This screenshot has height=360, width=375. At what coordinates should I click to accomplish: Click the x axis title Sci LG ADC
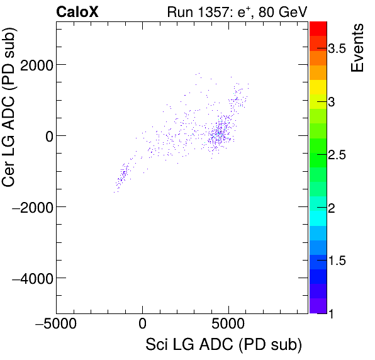click(223, 346)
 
